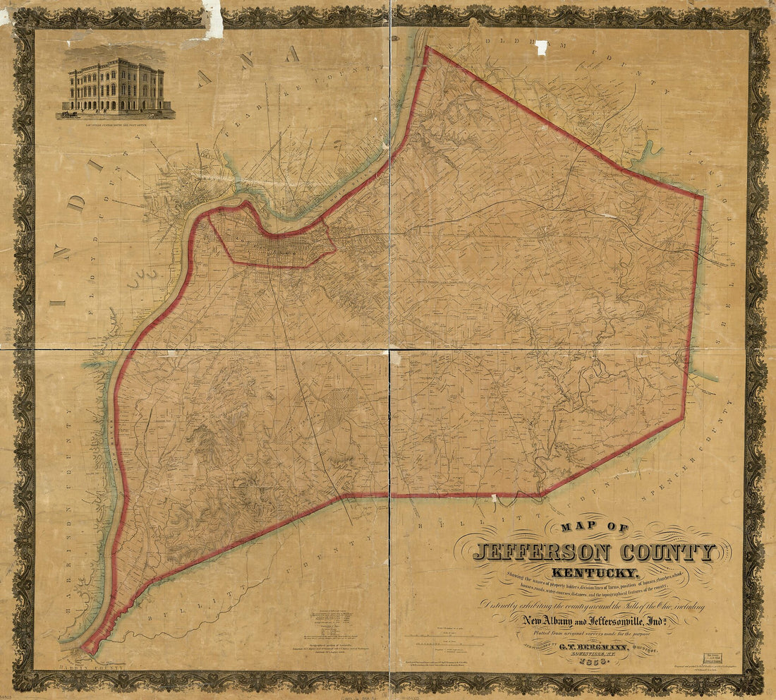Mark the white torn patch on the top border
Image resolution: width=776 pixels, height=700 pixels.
click(212, 18)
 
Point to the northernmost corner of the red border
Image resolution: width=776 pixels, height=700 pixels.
click(428, 48)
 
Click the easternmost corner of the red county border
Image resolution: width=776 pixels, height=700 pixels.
click(703, 197)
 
